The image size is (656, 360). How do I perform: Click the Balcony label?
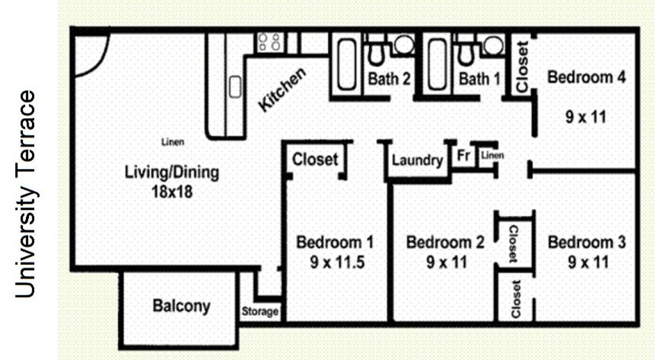click(x=181, y=306)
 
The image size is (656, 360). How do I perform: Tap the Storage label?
click(x=260, y=311)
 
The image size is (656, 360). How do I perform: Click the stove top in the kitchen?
click(x=269, y=42)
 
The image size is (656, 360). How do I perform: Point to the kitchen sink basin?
click(x=235, y=86)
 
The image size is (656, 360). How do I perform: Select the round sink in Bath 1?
click(x=493, y=45)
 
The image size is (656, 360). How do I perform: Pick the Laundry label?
click(x=417, y=160)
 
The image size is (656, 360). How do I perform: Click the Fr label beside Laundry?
click(x=463, y=156)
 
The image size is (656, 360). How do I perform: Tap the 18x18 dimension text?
click(x=171, y=191)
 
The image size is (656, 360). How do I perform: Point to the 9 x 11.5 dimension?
click(x=337, y=262)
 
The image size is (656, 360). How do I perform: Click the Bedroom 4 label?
click(x=586, y=77)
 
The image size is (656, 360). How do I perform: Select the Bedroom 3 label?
click(x=586, y=243)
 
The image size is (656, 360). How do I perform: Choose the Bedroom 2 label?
click(x=445, y=243)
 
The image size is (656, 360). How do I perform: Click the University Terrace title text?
click(x=26, y=194)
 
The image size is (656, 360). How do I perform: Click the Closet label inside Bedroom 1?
click(x=315, y=159)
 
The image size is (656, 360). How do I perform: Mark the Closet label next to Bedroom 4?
click(x=522, y=67)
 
